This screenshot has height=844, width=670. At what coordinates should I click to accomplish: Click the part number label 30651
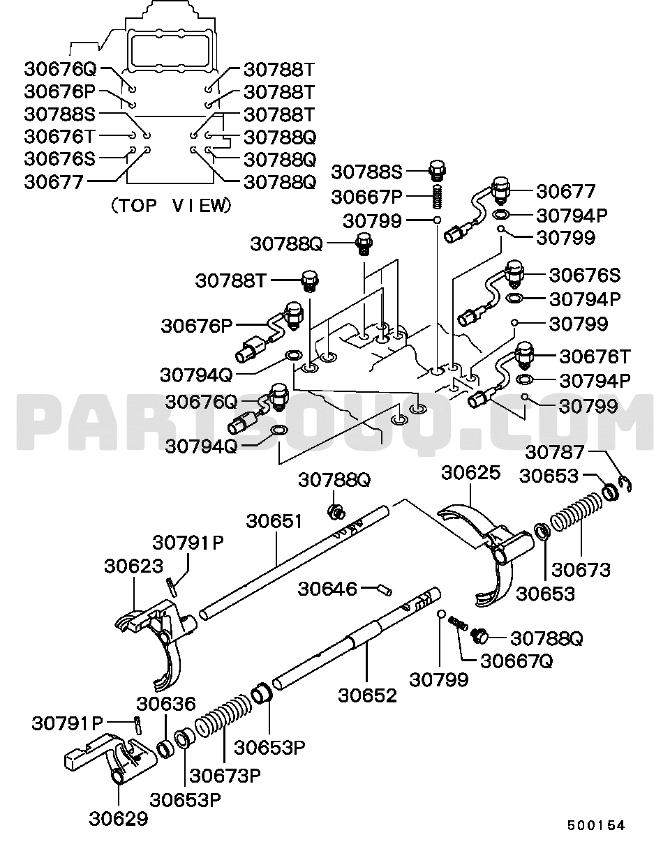click(274, 522)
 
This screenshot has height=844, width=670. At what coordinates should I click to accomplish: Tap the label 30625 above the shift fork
click(471, 473)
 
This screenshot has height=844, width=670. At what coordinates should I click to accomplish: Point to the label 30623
click(133, 566)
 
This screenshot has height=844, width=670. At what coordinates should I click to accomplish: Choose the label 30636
click(166, 704)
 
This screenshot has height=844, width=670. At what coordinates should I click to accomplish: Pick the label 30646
click(327, 589)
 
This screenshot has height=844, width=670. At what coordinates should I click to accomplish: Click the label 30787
click(555, 452)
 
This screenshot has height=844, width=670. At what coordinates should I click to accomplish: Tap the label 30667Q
click(516, 661)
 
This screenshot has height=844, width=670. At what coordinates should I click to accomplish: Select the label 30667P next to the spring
click(366, 197)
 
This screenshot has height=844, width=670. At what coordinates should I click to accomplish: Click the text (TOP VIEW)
click(171, 205)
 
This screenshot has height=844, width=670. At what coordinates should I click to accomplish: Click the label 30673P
click(225, 776)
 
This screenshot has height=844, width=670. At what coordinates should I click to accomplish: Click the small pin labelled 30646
click(385, 589)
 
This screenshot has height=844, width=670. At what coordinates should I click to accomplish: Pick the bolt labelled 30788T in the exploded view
click(310, 281)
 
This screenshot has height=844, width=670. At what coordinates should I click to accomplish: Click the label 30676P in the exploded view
click(197, 326)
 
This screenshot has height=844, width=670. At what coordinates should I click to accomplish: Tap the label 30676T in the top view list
click(59, 137)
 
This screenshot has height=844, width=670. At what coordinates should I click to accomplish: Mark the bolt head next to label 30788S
click(438, 171)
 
